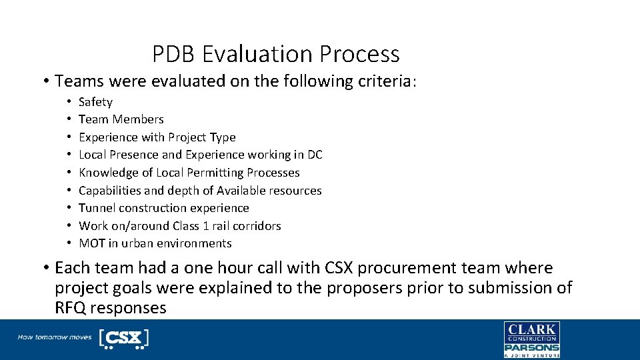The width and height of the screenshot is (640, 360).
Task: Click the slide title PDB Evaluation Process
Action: pyautogui.click(x=275, y=54)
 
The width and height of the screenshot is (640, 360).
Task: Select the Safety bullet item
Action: pyautogui.click(x=95, y=102)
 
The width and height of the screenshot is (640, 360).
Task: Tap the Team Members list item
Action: pyautogui.click(x=121, y=119)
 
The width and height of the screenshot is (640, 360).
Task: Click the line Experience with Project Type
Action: pyautogui.click(x=157, y=137)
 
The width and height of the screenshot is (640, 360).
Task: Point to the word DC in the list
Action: pyautogui.click(x=314, y=155)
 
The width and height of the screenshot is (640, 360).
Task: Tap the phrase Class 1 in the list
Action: pyautogui.click(x=194, y=226)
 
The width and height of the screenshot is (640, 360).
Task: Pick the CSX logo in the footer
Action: pyautogui.click(x=123, y=338)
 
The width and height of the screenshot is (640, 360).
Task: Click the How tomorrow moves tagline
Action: pyautogui.click(x=55, y=337)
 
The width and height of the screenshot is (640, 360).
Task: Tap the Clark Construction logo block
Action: pyautogui.click(x=531, y=332)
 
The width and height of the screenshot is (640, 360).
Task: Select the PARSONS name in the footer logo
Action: pyautogui.click(x=531, y=347)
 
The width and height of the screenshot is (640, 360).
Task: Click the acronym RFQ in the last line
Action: pyautogui.click(x=71, y=308)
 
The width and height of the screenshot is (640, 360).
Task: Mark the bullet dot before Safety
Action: pyautogui.click(x=69, y=102)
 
